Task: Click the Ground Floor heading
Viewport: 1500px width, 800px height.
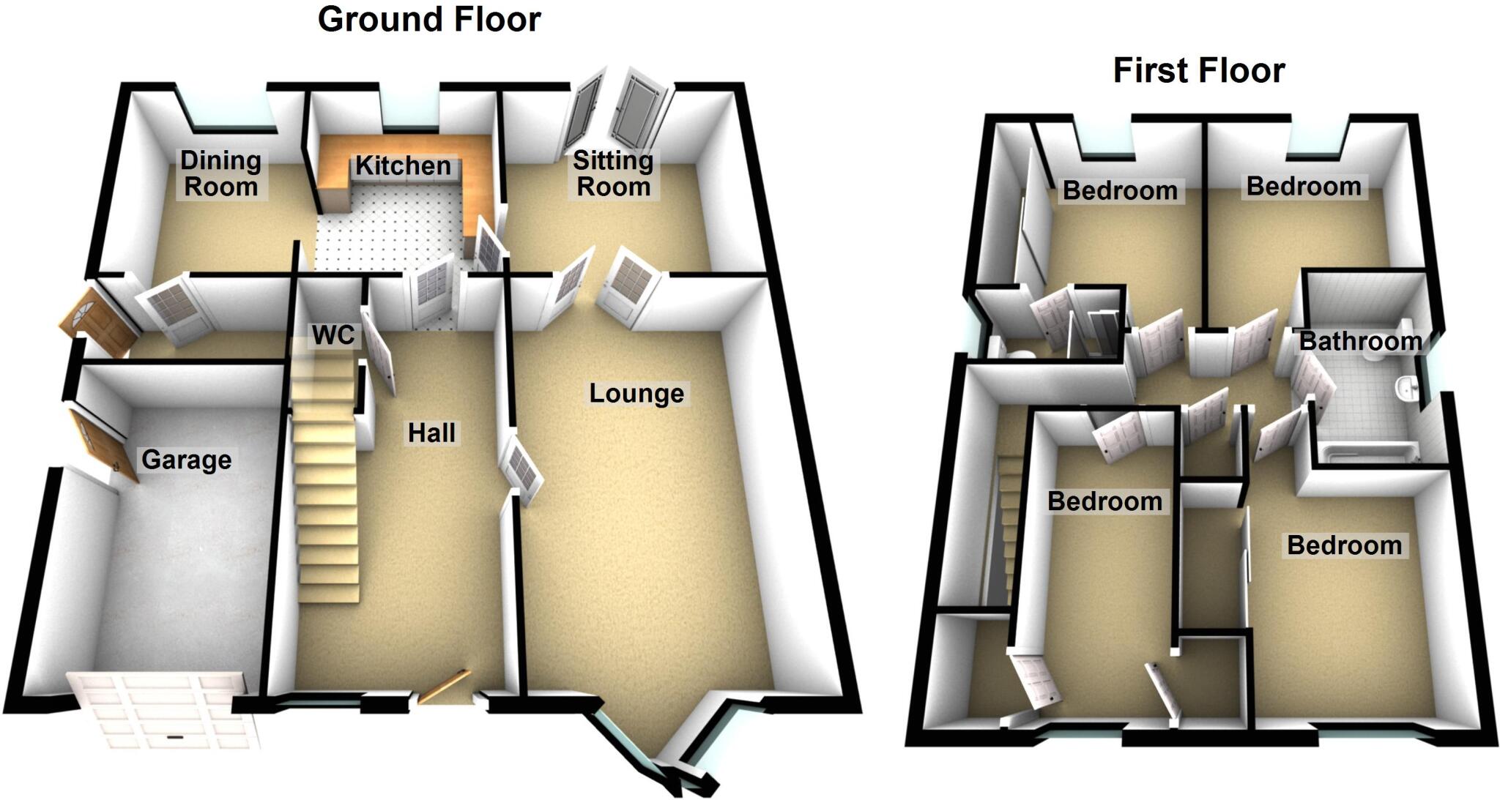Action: [429, 20]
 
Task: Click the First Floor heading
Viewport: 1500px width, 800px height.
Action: [1199, 71]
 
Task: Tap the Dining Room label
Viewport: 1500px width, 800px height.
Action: [220, 173]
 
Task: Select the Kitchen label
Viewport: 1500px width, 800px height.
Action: [403, 166]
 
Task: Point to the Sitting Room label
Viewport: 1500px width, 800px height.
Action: [613, 173]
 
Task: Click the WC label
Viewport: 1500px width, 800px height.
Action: [333, 335]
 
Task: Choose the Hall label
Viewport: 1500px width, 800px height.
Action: [431, 433]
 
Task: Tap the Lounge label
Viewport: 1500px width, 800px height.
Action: [636, 394]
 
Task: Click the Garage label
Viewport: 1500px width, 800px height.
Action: [186, 460]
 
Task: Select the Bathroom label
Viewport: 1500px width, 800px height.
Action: [1360, 341]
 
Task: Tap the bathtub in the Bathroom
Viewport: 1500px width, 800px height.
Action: [1366, 454]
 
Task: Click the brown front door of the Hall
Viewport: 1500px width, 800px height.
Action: [442, 687]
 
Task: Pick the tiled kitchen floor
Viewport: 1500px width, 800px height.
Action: [388, 234]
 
